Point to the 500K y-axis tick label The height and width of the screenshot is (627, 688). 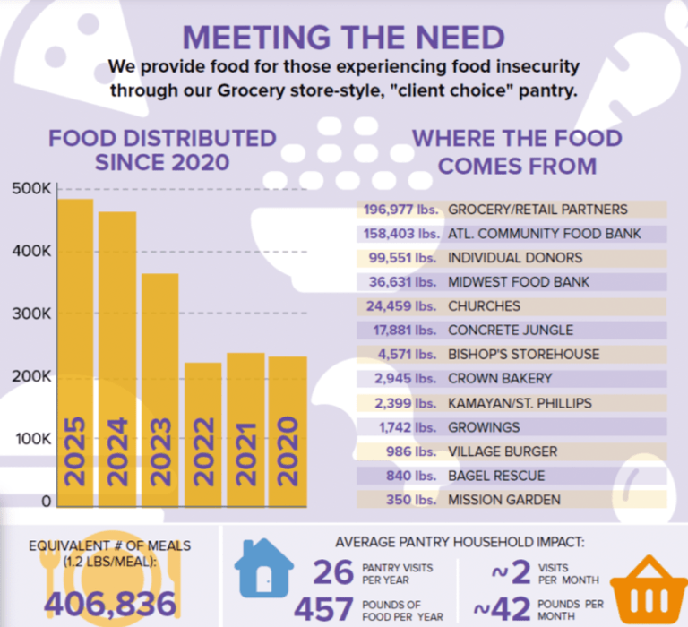coord(31,189)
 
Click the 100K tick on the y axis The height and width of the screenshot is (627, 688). coord(31,439)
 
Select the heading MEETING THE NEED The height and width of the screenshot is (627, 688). coord(344,38)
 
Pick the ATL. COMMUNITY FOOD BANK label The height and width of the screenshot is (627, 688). coord(545,234)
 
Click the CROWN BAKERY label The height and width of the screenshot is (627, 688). coord(500,378)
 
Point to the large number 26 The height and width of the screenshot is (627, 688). coord(333,571)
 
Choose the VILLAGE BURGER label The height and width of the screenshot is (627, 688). coord(503,451)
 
